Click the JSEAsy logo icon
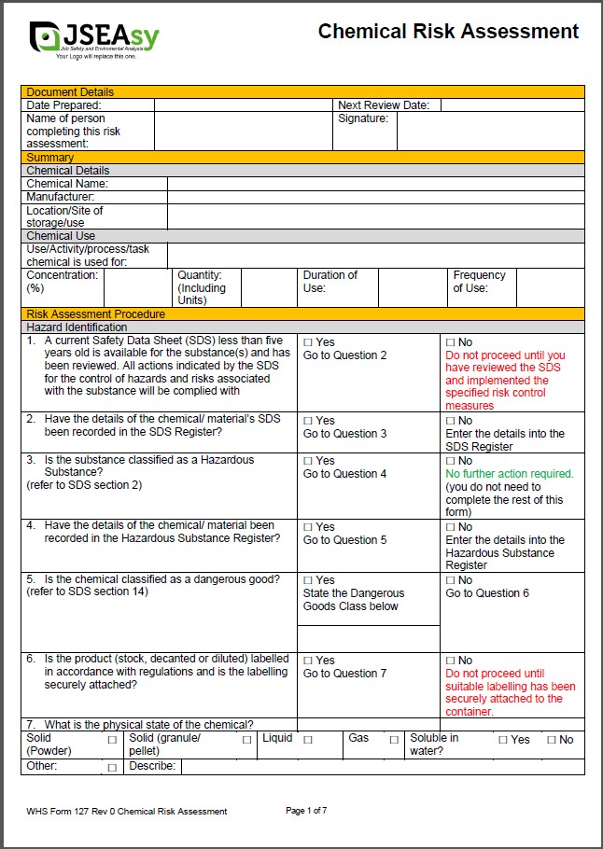pos(46,36)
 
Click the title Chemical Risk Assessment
pos(448,32)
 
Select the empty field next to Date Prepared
pos(243,105)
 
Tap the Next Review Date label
pos(384,105)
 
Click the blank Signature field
pos(490,132)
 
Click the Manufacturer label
pos(61,197)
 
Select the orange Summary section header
pos(302,158)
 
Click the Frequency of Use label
pos(480,282)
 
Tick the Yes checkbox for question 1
pos(308,342)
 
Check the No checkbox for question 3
pos(451,461)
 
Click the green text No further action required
pos(509,474)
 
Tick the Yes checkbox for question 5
pos(308,580)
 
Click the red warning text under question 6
pos(510,692)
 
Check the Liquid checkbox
pos(308,740)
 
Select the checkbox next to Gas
pos(394,740)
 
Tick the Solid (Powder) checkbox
pos(112,740)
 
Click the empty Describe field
pos(382,767)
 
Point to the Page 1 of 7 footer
pos(306,811)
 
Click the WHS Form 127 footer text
pos(127,812)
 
